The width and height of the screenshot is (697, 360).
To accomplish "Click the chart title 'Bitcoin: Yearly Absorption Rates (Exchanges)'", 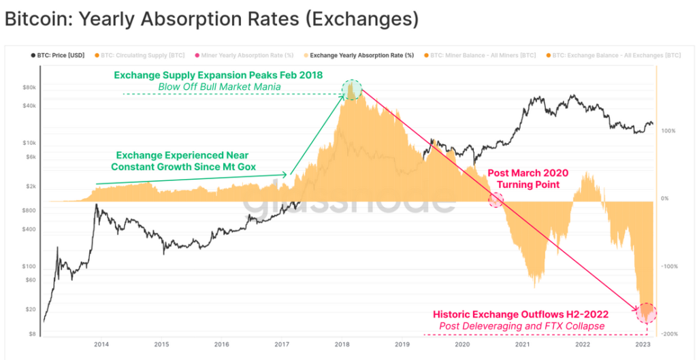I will pyautogui.click(x=211, y=20).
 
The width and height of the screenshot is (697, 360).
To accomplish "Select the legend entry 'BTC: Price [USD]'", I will pyautogui.click(x=61, y=54).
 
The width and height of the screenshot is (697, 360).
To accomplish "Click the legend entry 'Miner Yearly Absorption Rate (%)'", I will pyautogui.click(x=243, y=54).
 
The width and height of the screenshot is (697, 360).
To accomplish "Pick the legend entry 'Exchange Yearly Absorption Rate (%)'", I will pyautogui.click(x=361, y=54).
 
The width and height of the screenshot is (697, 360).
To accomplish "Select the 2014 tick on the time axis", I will pyautogui.click(x=101, y=345).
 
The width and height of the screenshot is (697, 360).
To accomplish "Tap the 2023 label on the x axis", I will pyautogui.click(x=643, y=345).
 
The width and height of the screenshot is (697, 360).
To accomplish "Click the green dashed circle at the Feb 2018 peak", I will pyautogui.click(x=353, y=90).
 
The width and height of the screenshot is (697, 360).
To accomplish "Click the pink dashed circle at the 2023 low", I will pyautogui.click(x=647, y=312).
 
